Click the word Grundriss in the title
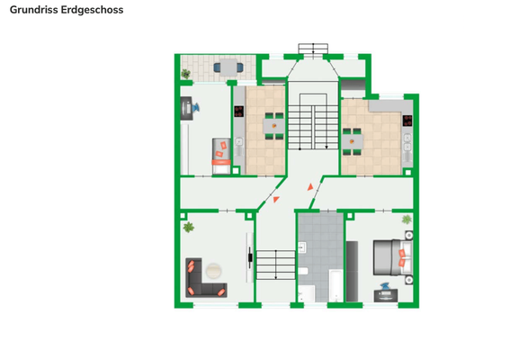coord(33,10)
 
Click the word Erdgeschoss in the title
coord(93,10)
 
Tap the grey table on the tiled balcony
coord(228,67)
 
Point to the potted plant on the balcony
coord(185,74)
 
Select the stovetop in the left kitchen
coord(238,112)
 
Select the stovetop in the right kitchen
coord(407,121)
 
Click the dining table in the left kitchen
coord(273,126)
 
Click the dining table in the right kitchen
coord(353,141)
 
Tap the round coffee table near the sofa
coord(213,271)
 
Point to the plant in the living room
coord(189,227)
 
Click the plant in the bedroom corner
coord(407,220)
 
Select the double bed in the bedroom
coord(393,257)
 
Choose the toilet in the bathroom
coord(303,271)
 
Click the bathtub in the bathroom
coord(336,285)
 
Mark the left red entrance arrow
coord(276,200)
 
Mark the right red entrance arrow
coord(310,187)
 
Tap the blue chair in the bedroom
coord(385,286)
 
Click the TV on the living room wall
coord(250,258)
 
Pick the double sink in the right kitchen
coord(407,142)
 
